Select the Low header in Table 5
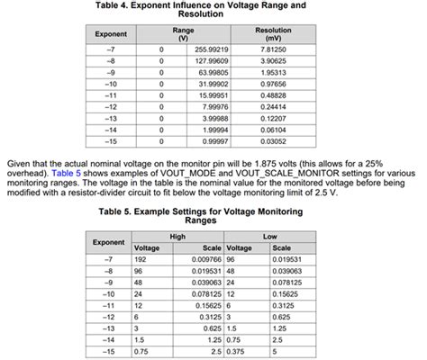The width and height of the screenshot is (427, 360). (269, 236)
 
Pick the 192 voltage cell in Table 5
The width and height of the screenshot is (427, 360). (141, 257)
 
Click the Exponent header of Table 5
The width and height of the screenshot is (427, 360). (110, 241)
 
